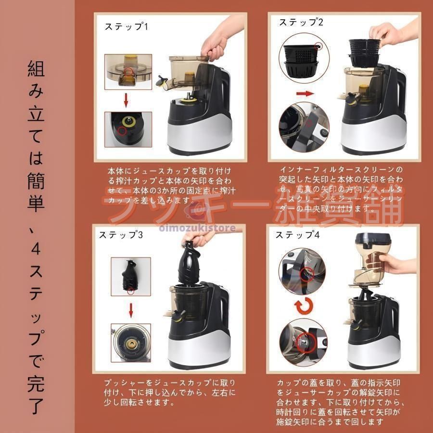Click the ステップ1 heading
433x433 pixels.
[126, 26]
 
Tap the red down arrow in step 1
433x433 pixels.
[126, 100]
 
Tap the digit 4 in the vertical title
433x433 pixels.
[36, 250]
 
